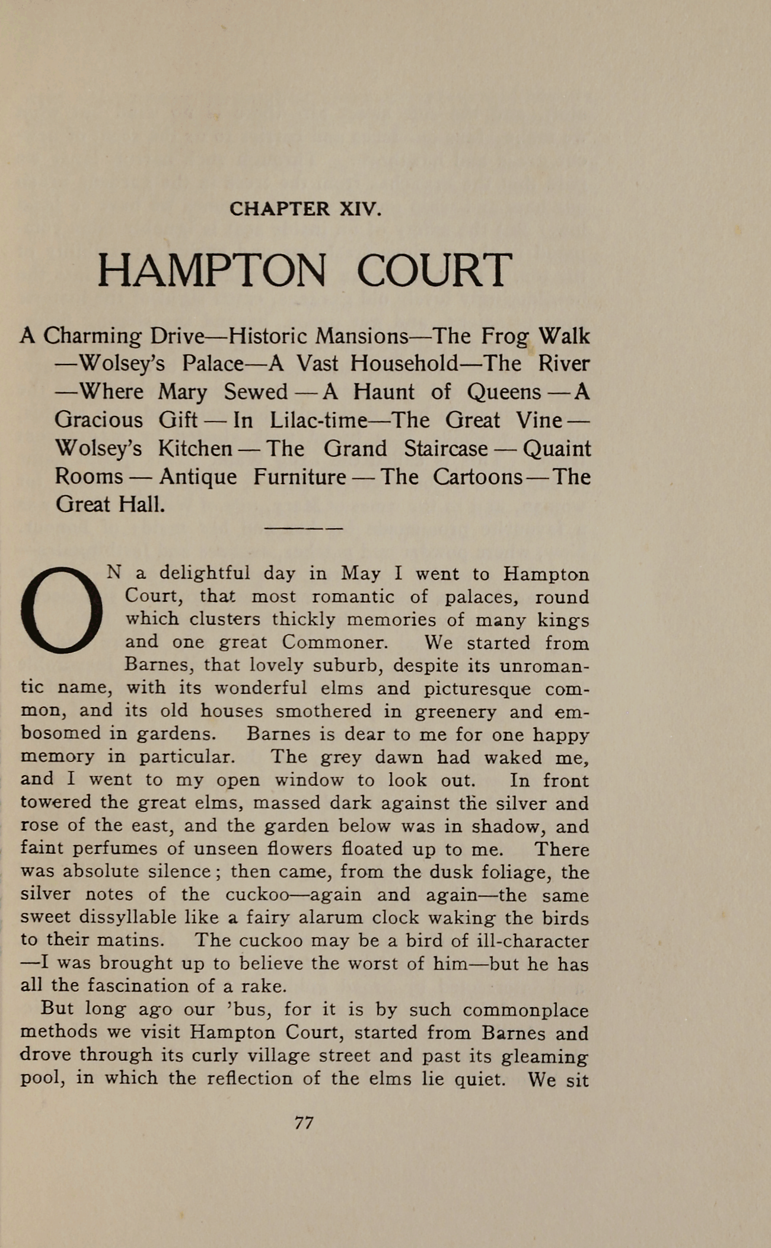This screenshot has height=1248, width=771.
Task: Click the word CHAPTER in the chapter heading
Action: pos(279,209)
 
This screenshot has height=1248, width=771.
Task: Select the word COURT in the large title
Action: pos(434,270)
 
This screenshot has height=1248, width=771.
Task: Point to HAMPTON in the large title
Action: pos(211,270)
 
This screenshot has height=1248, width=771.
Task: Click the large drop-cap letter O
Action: pos(61,610)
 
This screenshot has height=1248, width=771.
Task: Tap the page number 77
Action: pos(304,1122)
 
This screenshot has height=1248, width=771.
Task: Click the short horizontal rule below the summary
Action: pos(303,528)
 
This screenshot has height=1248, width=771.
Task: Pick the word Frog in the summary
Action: pos(505,337)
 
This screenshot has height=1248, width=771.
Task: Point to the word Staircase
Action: pos(445,449)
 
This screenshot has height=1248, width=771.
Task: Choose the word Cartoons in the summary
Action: pos(477,477)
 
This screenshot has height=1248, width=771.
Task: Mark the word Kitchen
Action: pos(195,449)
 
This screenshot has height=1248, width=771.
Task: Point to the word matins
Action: pos(129,940)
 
